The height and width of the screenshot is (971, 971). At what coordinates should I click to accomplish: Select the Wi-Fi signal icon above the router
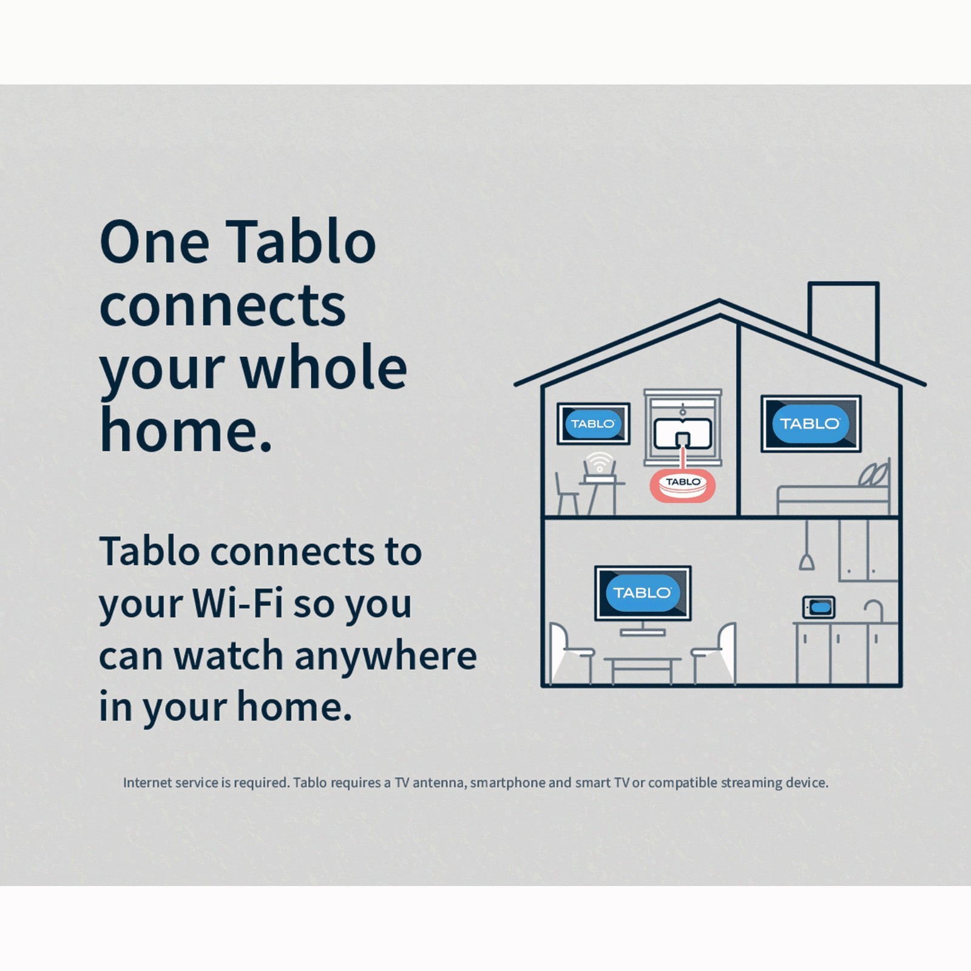tap(600, 461)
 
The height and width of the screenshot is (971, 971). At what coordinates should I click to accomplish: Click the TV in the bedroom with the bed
tap(811, 424)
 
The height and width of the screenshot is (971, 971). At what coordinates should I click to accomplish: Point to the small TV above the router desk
tap(593, 424)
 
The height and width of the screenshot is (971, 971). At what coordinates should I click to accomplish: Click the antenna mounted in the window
tap(683, 433)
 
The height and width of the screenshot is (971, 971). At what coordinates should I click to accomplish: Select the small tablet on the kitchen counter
tap(819, 607)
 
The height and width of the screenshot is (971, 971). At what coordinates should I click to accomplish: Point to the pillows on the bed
tap(875, 474)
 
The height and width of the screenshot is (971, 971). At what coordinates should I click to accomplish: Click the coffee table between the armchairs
tap(642, 669)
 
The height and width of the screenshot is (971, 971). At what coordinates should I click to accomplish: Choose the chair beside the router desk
tap(566, 495)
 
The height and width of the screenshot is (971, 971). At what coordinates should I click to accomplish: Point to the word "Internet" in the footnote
tap(147, 782)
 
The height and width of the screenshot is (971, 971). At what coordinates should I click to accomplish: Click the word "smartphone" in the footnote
tap(507, 783)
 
